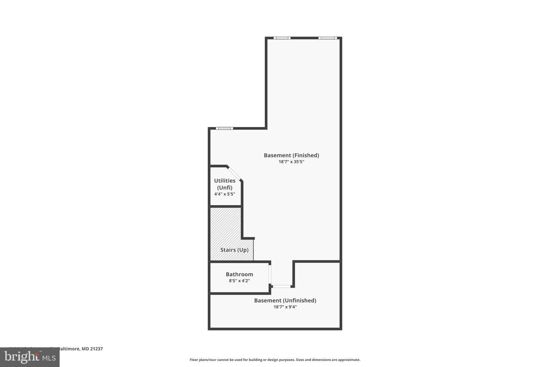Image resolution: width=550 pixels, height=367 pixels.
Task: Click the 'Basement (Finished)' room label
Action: pos(291,155)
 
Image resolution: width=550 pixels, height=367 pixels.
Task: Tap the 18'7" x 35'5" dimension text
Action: pos(291,162)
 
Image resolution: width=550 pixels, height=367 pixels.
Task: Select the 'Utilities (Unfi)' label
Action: pos(225,184)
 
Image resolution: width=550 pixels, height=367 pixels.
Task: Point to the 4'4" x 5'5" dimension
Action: pos(225,194)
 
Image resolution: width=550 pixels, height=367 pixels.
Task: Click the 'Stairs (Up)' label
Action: pos(234,250)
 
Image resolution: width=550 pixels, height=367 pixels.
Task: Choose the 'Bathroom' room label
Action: pos(239,275)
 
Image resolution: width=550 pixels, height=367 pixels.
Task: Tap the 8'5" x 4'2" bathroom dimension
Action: pos(239,281)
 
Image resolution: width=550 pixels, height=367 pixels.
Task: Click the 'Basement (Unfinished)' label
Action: pos(285,301)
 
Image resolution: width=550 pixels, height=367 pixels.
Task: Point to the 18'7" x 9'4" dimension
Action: pos(285,307)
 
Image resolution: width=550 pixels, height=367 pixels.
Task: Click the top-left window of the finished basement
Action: pos(282,38)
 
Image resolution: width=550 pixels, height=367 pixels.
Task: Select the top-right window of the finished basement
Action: pos(328,38)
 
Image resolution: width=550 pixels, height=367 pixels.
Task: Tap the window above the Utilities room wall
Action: pos(225,128)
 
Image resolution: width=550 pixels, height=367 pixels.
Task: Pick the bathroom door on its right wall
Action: pos(270,274)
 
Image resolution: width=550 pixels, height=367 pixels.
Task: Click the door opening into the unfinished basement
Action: pos(282,287)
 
